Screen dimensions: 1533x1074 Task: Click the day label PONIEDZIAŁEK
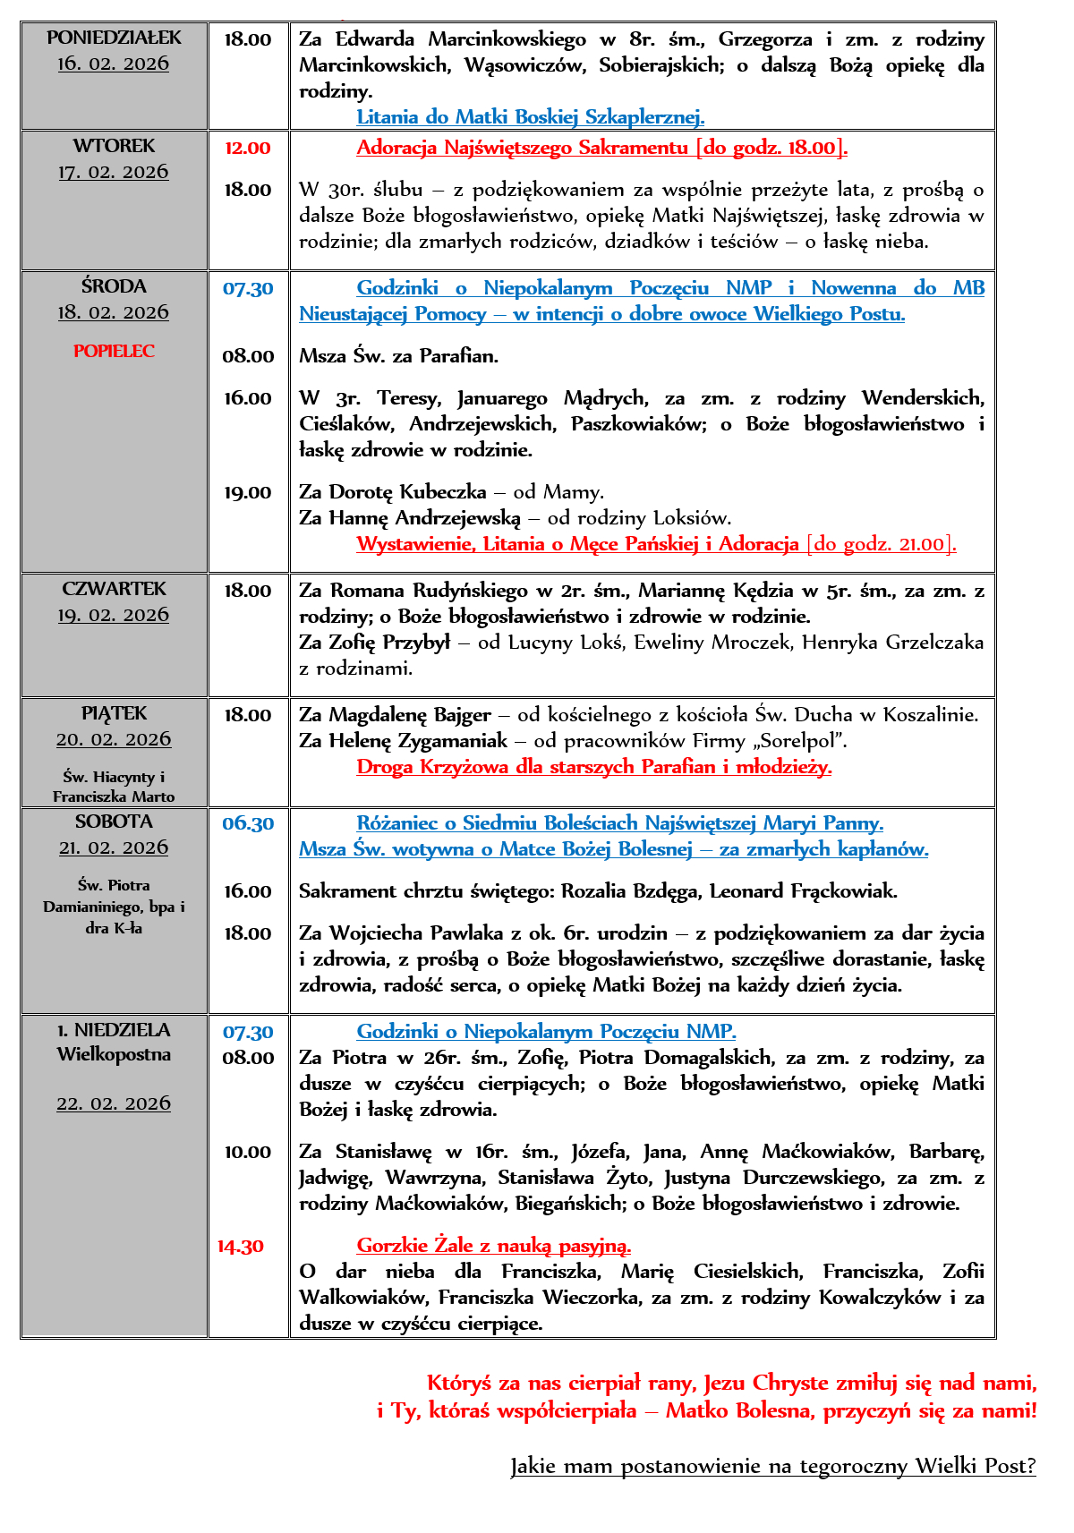(114, 38)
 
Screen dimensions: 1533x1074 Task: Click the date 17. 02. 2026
(114, 172)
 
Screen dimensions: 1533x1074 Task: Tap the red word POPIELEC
(114, 351)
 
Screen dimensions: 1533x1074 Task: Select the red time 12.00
(247, 148)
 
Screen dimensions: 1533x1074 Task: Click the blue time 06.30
(248, 823)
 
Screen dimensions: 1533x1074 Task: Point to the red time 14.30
(241, 1246)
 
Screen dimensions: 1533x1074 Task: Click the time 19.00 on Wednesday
(247, 492)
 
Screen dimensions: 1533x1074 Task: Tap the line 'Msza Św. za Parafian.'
(398, 356)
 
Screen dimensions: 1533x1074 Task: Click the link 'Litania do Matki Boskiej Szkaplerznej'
(530, 116)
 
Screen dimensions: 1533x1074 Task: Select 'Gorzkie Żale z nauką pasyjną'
(493, 1245)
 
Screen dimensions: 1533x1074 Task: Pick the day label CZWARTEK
(114, 589)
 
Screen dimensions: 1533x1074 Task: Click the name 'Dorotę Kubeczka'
(407, 492)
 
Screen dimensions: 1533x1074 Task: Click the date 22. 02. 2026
(114, 1103)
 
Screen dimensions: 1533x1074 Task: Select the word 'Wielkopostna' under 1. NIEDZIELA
(114, 1054)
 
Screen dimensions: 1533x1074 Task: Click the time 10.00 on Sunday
(247, 1152)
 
